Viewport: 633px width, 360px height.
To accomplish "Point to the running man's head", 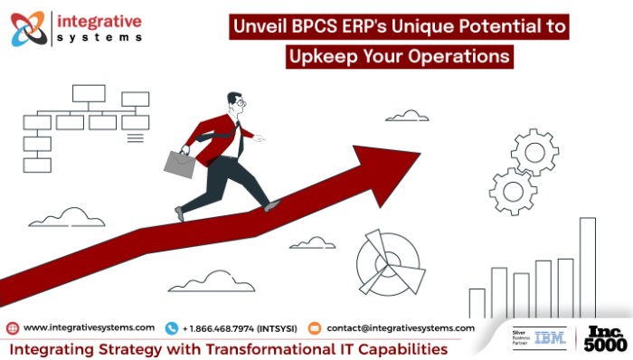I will pos(235,102).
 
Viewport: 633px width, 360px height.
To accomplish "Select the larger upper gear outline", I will pos(534,150).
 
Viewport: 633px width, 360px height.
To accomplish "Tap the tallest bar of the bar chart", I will pos(587,268).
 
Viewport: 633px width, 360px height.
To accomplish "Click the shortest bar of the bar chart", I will pos(477,303).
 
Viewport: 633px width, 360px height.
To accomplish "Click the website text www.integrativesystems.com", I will pos(89,327).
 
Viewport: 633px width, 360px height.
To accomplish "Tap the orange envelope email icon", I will pos(315,327).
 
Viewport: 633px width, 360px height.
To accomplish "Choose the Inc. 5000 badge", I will pos(604,338).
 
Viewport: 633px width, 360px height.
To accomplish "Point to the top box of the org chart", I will pos(89,93).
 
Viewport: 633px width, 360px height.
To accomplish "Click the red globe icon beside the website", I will pos(12,327).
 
